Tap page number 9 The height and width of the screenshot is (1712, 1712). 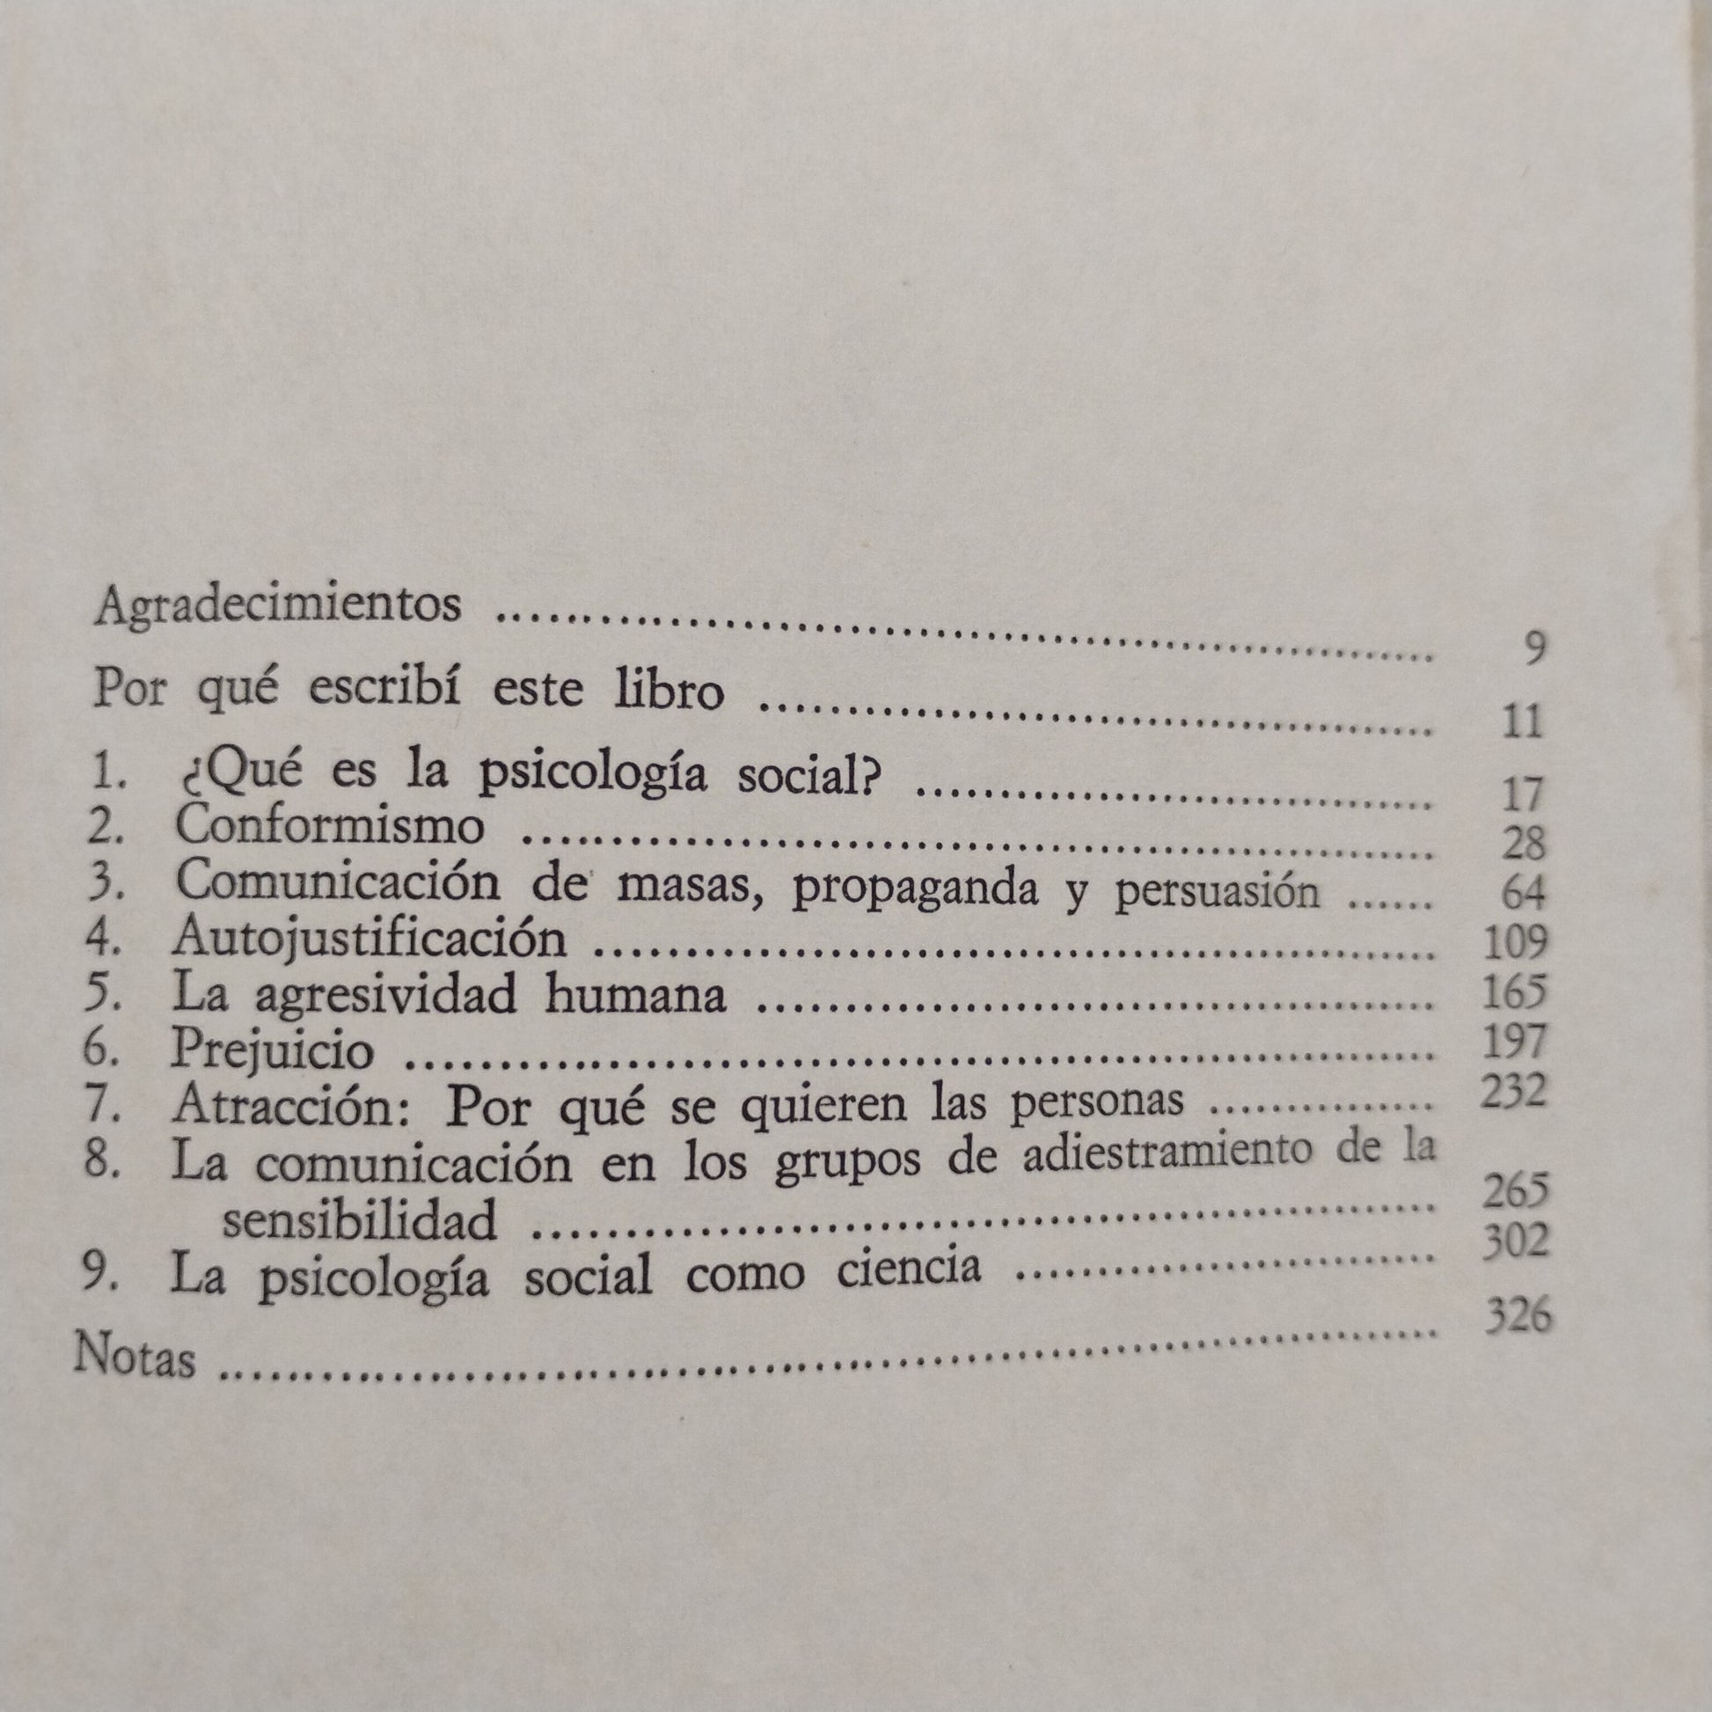[1535, 648]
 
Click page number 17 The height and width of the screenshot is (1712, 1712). [1523, 794]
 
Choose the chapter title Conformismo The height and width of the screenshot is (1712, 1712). [330, 828]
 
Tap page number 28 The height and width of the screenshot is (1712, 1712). [1523, 844]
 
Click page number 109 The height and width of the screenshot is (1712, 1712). [1515, 942]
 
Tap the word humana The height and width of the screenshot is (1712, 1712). [635, 995]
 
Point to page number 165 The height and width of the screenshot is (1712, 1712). [1515, 991]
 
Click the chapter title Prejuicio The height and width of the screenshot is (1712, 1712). [273, 1051]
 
